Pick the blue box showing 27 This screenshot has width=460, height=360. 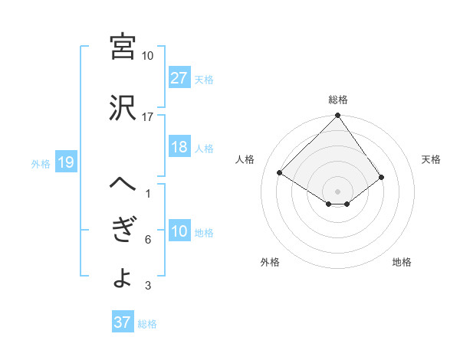click(179, 78)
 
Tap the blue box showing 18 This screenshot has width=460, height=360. click(179, 148)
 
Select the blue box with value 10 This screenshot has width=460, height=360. click(179, 231)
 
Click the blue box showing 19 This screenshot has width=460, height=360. click(65, 162)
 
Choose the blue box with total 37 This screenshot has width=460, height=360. click(123, 322)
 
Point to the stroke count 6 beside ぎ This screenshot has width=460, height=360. click(147, 240)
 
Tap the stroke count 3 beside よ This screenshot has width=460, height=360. click(147, 286)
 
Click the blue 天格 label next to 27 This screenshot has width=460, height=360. click(204, 79)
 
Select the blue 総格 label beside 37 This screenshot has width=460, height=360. click(147, 323)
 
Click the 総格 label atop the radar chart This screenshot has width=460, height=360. click(338, 100)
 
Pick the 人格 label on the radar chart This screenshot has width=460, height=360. click(246, 159)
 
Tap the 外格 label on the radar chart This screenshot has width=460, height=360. click(270, 262)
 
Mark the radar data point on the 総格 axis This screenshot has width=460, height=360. click(338, 116)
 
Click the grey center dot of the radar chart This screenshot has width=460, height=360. click(338, 190)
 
